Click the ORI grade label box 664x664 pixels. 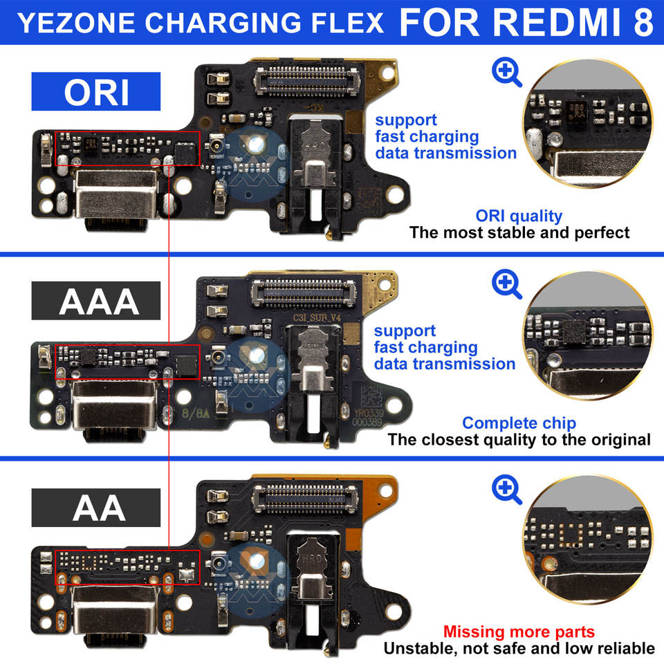point(96,91)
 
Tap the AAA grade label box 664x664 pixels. point(96,302)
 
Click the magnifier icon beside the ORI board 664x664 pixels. point(507,72)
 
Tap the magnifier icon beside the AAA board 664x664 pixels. point(507,283)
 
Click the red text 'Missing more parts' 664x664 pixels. point(519,631)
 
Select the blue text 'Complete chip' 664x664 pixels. point(519,423)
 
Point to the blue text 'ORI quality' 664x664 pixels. point(519,216)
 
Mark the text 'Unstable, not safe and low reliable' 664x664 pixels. point(519,648)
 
